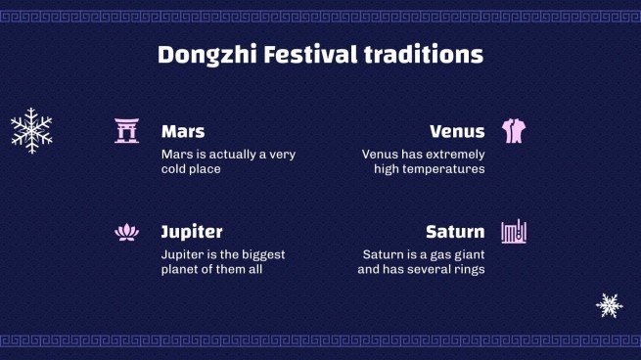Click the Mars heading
click(x=183, y=131)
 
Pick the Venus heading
click(x=457, y=131)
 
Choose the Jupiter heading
click(x=192, y=232)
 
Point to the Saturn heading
click(x=455, y=232)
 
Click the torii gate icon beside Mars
click(x=126, y=131)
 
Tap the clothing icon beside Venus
click(x=514, y=131)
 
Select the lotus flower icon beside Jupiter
click(x=126, y=232)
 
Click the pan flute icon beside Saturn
click(x=514, y=232)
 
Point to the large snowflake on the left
click(x=31, y=129)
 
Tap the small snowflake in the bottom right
click(x=610, y=305)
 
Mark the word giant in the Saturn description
click(x=465, y=254)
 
